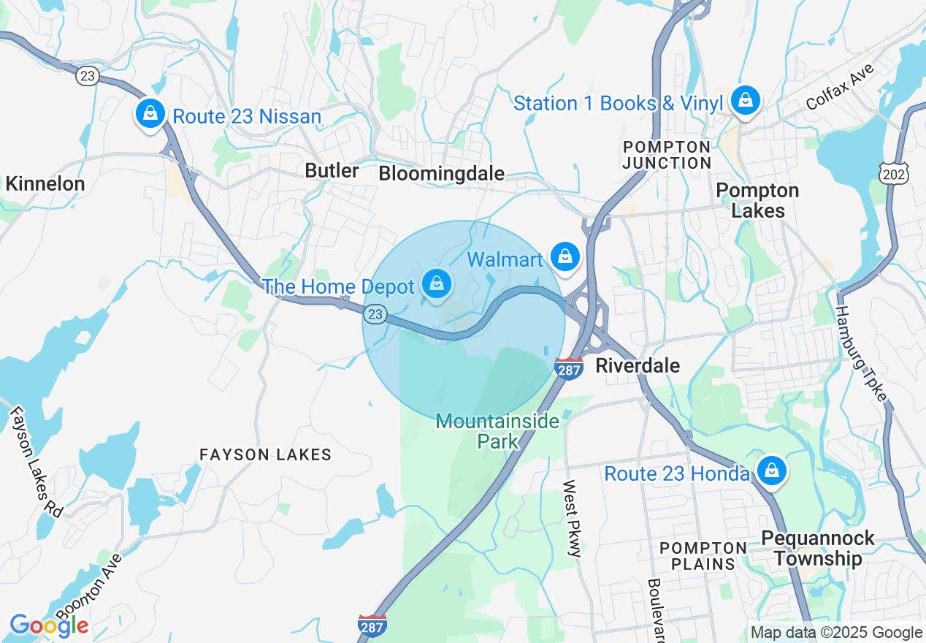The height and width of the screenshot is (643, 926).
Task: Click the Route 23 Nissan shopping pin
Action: pyautogui.click(x=150, y=114)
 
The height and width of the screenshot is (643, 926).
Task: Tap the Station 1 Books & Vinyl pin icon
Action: pyautogui.click(x=745, y=99)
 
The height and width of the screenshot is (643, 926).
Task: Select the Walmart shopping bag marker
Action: pyautogui.click(x=565, y=256)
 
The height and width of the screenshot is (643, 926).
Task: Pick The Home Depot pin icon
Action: pyautogui.click(x=437, y=284)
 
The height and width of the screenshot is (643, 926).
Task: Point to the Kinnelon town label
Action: pyautogui.click(x=45, y=183)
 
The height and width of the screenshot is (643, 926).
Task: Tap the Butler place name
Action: pyautogui.click(x=332, y=171)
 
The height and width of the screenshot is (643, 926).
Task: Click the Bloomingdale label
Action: pyautogui.click(x=441, y=174)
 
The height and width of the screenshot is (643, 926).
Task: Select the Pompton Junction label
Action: pyautogui.click(x=667, y=155)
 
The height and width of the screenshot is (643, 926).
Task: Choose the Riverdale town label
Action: pyautogui.click(x=638, y=365)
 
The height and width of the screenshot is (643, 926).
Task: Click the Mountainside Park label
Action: pyautogui.click(x=497, y=431)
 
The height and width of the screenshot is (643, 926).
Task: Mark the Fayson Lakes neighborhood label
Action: pyautogui.click(x=266, y=454)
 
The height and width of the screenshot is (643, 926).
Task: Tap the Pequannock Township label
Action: pyautogui.click(x=817, y=548)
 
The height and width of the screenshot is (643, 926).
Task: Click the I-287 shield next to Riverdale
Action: pyautogui.click(x=569, y=369)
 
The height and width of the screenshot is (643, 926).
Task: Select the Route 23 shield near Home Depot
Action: pyautogui.click(x=375, y=314)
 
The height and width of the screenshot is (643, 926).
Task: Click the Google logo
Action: pyautogui.click(x=49, y=626)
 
